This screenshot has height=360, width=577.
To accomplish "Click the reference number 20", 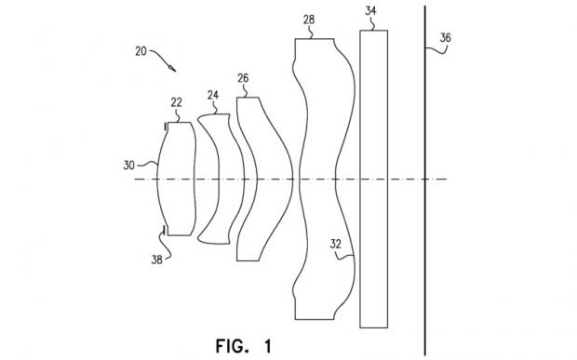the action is click(141, 51).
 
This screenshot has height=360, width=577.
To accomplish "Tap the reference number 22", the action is click(176, 102).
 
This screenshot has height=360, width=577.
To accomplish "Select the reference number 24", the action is click(213, 95).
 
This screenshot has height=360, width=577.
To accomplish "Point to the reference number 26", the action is click(243, 78).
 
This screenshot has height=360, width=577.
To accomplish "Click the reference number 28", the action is click(309, 20).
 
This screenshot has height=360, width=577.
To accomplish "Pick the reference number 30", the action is click(128, 166).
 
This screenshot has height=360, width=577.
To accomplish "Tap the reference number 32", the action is click(335, 244).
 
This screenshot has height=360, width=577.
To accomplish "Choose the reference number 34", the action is click(370, 11).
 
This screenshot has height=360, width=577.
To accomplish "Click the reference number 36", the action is click(445, 38).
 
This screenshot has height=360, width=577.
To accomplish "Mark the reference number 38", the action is click(156, 260).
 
